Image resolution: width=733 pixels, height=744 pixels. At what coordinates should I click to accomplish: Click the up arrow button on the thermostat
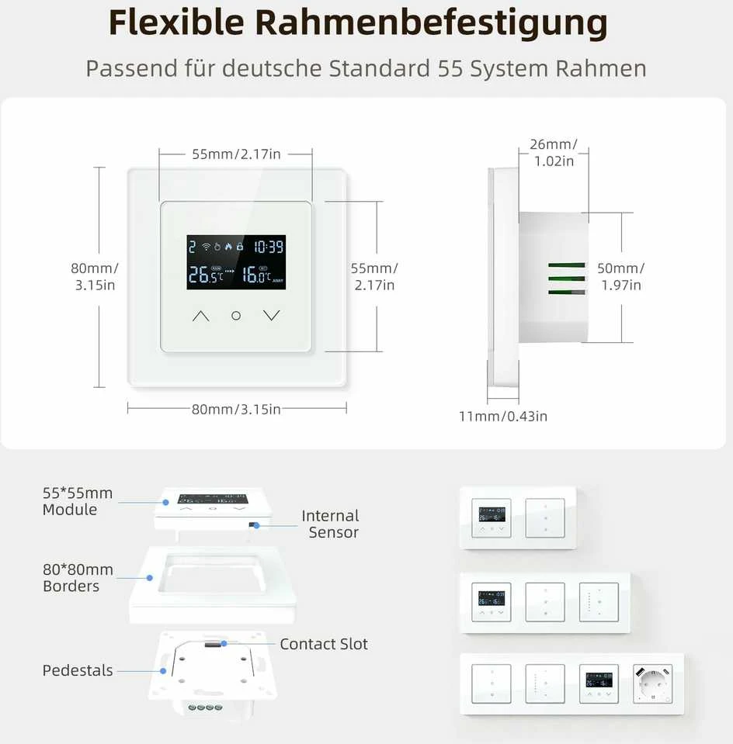pyautogui.click(x=201, y=316)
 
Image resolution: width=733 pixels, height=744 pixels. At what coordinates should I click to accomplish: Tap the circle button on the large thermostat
pyautogui.click(x=236, y=316)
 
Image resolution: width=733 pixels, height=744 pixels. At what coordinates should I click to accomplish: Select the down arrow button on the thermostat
pyautogui.click(x=271, y=316)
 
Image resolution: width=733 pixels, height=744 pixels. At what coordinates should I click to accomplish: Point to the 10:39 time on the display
pyautogui.click(x=269, y=246)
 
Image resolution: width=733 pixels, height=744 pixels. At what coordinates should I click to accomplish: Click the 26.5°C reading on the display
pyautogui.click(x=205, y=275)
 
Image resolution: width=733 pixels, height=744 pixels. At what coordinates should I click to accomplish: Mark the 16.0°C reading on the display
pyautogui.click(x=256, y=275)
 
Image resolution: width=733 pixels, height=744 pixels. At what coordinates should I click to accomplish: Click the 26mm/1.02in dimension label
pyautogui.click(x=554, y=152)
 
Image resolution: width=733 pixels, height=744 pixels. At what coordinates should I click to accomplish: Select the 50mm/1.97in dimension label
pyautogui.click(x=621, y=276)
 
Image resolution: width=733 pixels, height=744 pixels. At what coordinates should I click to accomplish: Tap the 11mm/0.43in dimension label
pyautogui.click(x=503, y=416)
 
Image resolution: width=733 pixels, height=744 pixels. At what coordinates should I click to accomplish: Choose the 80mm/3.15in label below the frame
pyautogui.click(x=236, y=409)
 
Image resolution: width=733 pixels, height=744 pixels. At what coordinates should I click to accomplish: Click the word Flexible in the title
pyautogui.click(x=176, y=22)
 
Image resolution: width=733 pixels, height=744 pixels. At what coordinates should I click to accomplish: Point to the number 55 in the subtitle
pyautogui.click(x=450, y=68)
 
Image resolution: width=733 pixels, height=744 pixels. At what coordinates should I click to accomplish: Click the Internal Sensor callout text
pyautogui.click(x=331, y=524)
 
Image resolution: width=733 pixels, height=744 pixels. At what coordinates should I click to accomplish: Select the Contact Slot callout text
pyautogui.click(x=324, y=644)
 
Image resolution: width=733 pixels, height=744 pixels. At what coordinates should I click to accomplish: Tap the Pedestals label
pyautogui.click(x=78, y=670)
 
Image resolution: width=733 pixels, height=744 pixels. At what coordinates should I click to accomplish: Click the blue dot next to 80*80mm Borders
pyautogui.click(x=150, y=578)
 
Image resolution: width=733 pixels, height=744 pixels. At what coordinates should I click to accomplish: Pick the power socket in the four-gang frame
pyautogui.click(x=653, y=683)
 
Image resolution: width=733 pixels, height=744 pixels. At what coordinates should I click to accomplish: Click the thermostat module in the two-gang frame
pyautogui.click(x=492, y=518)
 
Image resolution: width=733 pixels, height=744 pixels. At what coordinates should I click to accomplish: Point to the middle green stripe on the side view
pyautogui.click(x=566, y=279)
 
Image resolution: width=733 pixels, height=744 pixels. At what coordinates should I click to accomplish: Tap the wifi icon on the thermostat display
pyautogui.click(x=207, y=246)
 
